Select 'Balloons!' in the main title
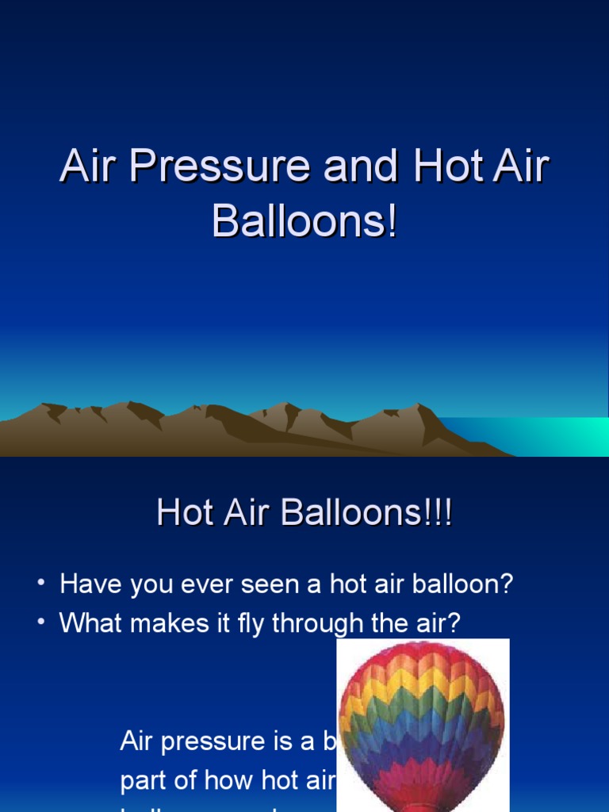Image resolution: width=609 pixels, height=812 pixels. point(304,221)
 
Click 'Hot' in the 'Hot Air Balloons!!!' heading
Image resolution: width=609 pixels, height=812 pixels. point(185,513)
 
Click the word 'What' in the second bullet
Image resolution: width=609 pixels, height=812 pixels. point(90,623)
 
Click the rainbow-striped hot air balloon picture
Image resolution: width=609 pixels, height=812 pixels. point(422,722)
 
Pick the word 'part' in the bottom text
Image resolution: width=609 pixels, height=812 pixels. point(142,780)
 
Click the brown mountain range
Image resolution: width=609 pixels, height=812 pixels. point(238,432)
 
